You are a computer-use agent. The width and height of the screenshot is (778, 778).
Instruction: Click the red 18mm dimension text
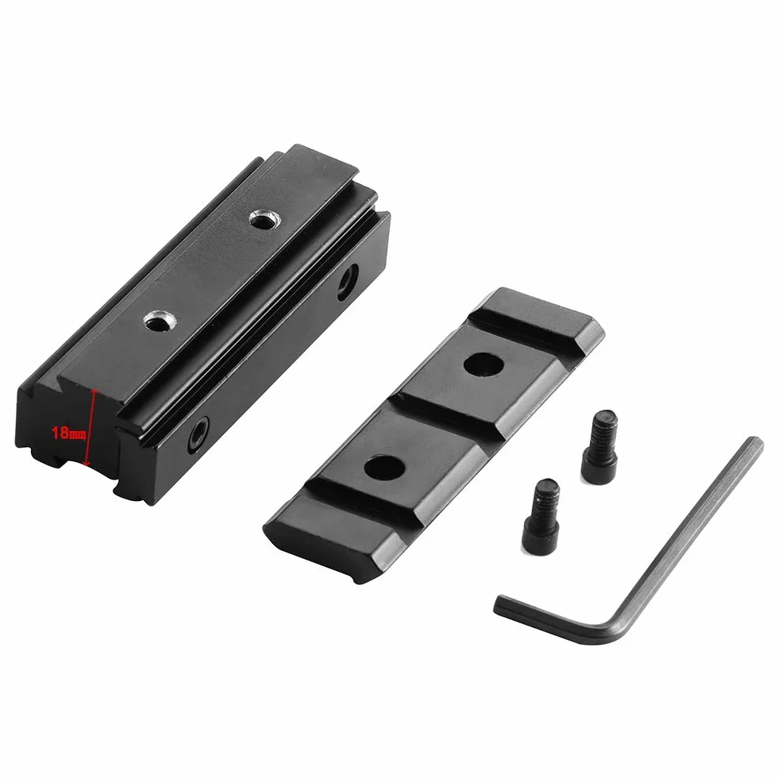pos(69,433)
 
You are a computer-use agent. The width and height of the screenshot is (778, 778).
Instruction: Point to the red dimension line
pos(91,428)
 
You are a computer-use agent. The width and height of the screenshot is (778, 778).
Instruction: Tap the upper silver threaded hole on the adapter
pos(264,219)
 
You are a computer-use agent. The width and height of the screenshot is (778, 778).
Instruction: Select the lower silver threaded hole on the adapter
pos(160,321)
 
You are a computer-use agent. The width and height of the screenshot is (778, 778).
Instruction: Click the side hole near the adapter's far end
pos(348,282)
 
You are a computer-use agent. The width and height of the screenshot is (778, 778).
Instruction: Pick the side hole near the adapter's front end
pos(198,435)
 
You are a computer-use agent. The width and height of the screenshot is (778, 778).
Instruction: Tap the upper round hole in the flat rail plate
pos(483,364)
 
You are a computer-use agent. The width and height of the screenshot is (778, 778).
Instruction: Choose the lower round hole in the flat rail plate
pos(384,468)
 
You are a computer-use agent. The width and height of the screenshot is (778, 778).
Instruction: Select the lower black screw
pos(541,516)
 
